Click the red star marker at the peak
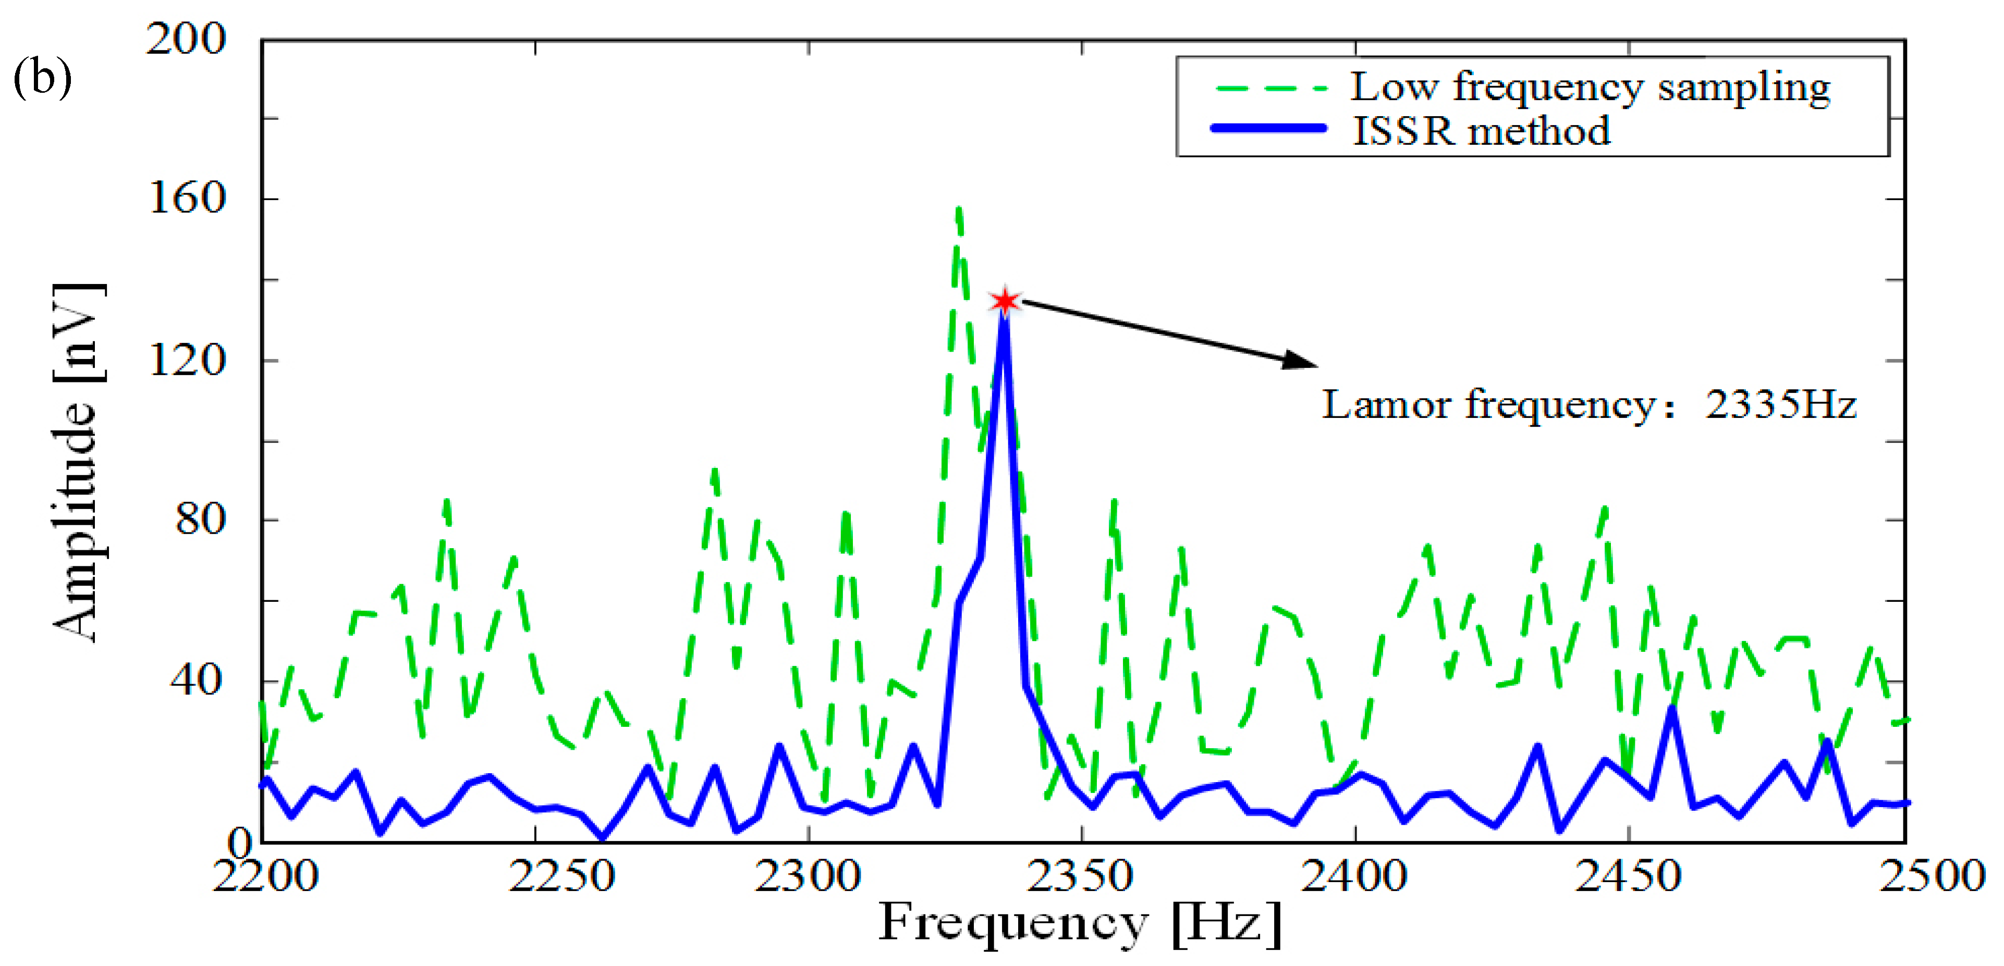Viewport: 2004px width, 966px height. (x=1004, y=301)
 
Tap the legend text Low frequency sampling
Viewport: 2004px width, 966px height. (x=1590, y=86)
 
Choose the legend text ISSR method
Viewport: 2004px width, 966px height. (x=1481, y=131)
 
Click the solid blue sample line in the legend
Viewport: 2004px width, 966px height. (x=1268, y=128)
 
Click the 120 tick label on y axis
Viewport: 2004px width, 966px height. (x=187, y=360)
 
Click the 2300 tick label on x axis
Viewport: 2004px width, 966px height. (x=808, y=876)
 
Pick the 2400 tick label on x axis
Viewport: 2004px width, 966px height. (x=1354, y=876)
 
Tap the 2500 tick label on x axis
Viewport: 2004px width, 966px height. (x=1932, y=876)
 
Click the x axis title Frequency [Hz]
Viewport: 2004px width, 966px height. (x=1080, y=923)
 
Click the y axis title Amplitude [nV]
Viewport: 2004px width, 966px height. (x=78, y=463)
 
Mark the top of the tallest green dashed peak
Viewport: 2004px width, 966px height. (x=958, y=208)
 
